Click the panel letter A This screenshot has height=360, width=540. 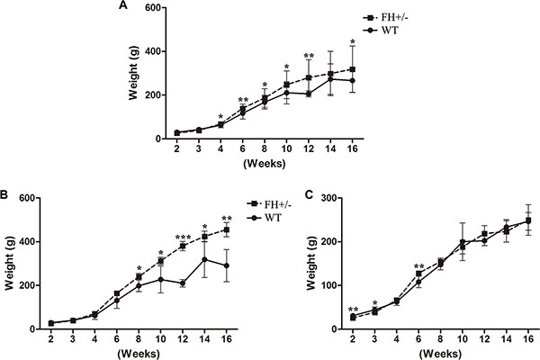(x=122, y=6)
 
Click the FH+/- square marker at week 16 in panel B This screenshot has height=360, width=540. (x=228, y=229)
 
